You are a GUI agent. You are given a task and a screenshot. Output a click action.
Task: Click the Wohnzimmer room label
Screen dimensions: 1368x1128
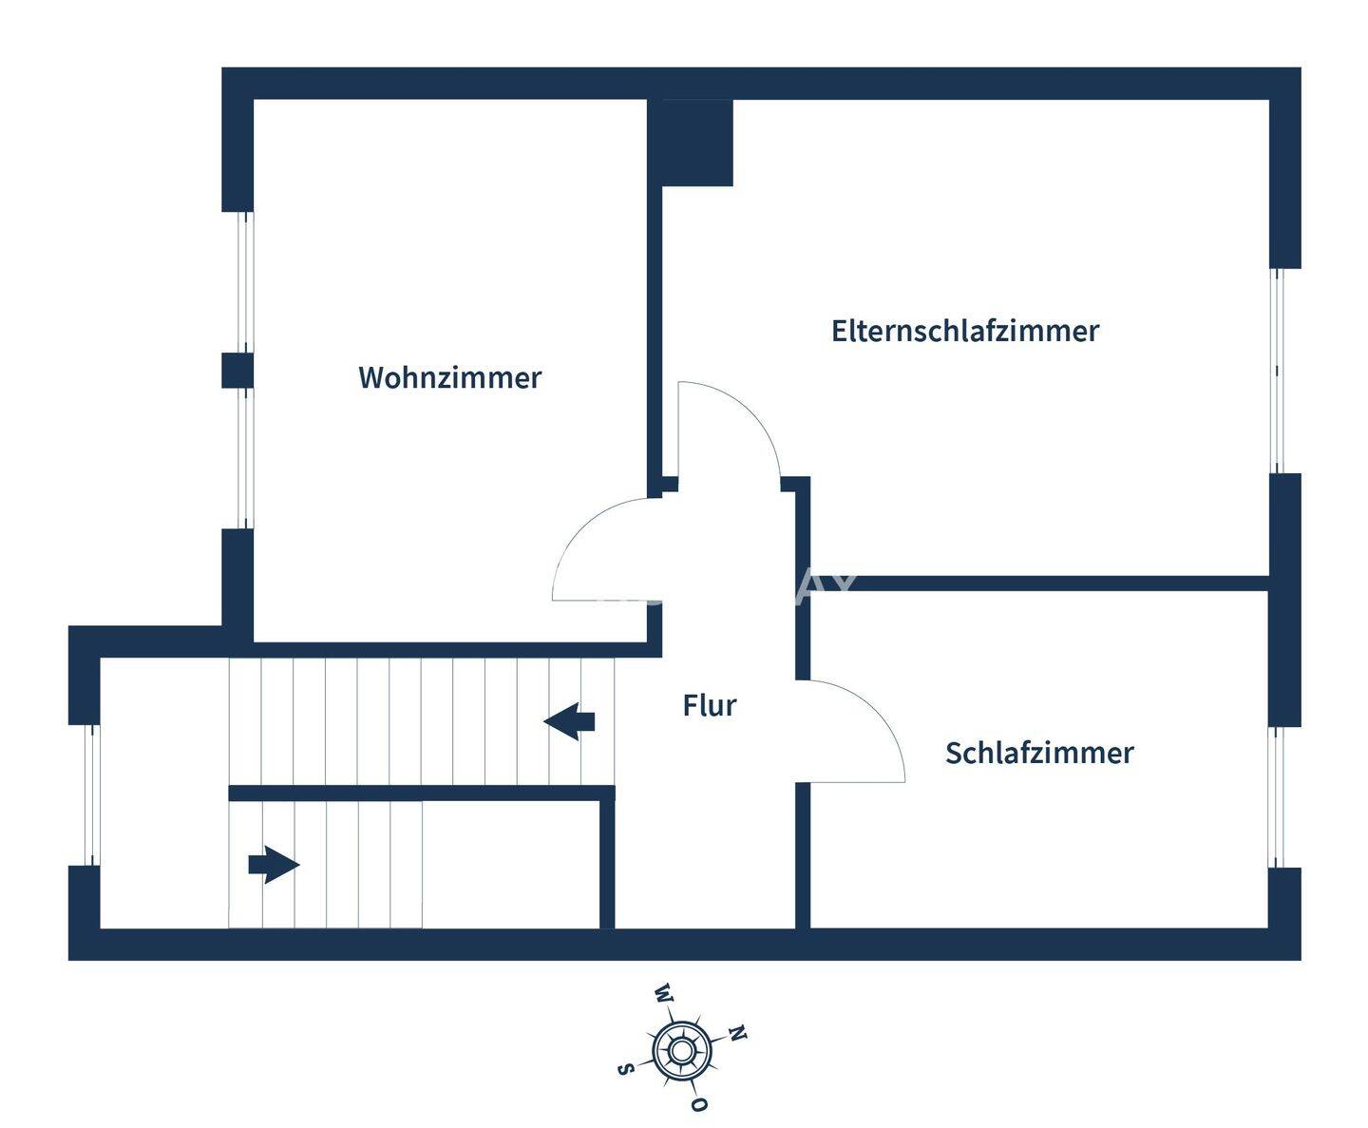point(449,377)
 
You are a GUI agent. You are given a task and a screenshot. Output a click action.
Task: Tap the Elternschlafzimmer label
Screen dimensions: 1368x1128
point(964,331)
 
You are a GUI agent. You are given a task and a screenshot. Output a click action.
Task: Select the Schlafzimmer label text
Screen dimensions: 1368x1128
point(1039,753)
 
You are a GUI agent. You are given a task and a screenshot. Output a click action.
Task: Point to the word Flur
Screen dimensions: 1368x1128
point(709,705)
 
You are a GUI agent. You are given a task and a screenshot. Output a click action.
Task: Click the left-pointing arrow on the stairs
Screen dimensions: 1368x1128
point(569,721)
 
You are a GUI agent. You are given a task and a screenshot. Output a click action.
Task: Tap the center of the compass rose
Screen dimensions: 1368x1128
point(682,1050)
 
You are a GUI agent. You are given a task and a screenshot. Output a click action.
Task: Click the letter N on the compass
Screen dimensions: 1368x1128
point(737,1034)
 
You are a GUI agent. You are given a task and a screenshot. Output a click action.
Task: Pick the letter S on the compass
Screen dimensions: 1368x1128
point(625,1068)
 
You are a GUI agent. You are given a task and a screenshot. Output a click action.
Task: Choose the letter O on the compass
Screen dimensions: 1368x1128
point(699,1104)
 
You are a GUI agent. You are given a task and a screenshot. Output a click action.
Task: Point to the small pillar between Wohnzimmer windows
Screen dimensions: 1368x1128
point(237,370)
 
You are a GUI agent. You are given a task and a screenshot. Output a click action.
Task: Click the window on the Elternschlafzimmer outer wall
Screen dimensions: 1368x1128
point(1278,371)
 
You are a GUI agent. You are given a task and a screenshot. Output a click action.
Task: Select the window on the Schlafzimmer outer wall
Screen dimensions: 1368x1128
point(1278,797)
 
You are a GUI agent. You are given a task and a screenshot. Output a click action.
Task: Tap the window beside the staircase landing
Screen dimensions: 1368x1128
point(91,795)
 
